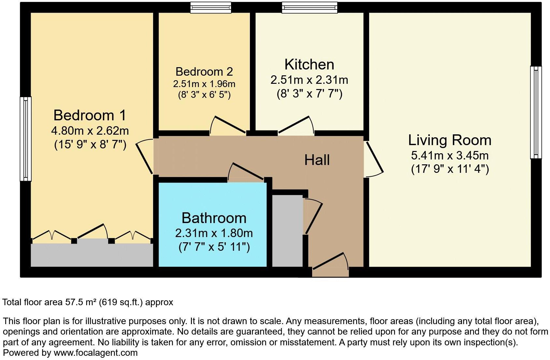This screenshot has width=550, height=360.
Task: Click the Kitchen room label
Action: click(x=309, y=65)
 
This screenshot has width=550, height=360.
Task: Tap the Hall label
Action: click(x=317, y=160)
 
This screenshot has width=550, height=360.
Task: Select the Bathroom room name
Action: click(x=214, y=218)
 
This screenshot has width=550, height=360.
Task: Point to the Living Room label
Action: click(x=450, y=140)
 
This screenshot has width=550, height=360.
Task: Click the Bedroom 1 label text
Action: click(x=90, y=115)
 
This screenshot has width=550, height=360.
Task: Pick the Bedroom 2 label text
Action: click(x=204, y=71)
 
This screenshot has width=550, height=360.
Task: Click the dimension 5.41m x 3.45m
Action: click(x=450, y=155)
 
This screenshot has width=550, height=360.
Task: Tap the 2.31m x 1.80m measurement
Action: click(x=214, y=233)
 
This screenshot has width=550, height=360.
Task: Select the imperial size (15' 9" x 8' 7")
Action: click(x=90, y=144)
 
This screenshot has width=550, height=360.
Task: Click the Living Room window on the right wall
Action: click(x=536, y=112)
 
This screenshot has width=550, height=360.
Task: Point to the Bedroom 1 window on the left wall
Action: click(x=26, y=139)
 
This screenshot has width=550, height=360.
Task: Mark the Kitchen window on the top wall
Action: click(x=309, y=7)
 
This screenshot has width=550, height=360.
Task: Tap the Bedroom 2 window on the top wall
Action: click(x=211, y=7)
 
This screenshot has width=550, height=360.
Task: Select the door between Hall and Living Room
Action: click(x=374, y=159)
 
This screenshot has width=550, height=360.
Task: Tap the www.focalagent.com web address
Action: click(x=95, y=352)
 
